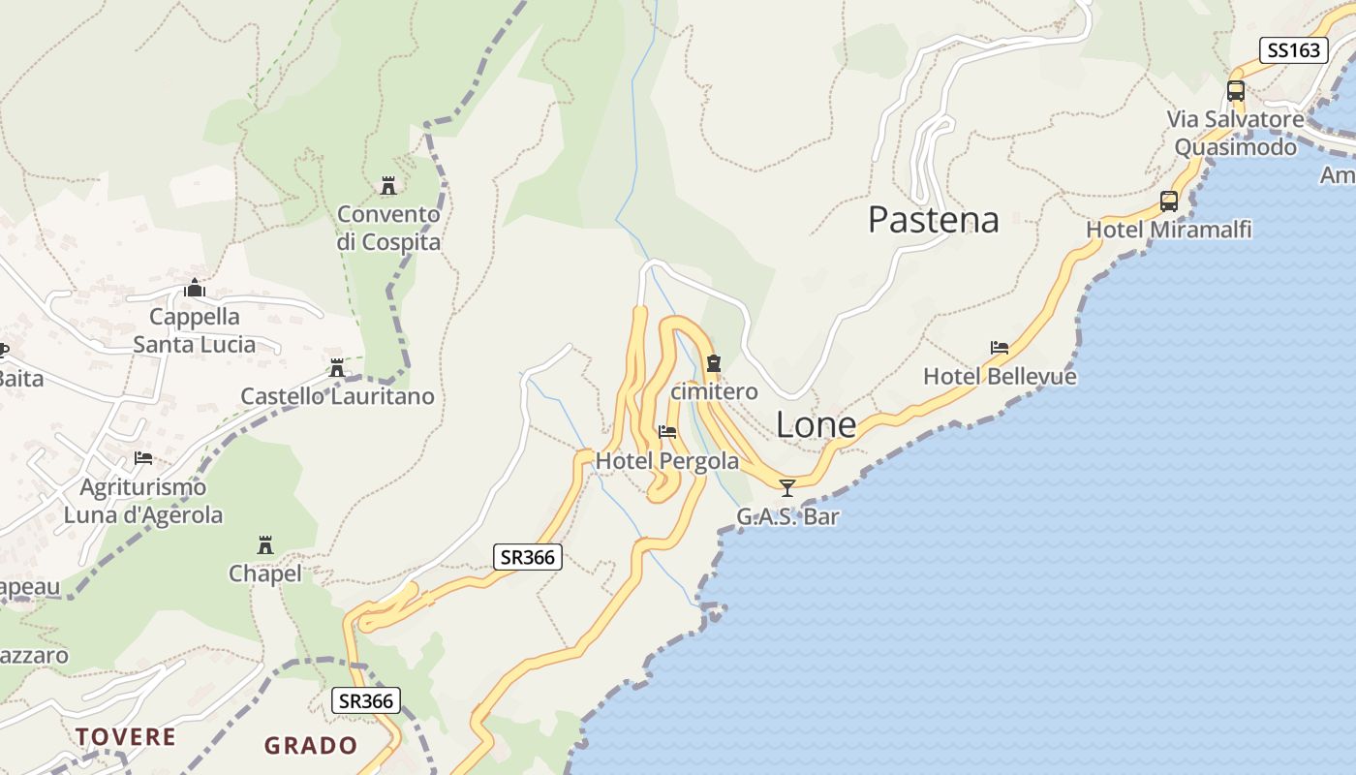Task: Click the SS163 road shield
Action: (1294, 50)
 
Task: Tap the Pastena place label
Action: (933, 220)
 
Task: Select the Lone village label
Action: (816, 425)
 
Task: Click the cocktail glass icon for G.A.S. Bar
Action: (787, 487)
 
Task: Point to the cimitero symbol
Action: (714, 364)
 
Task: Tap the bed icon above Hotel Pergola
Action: (667, 432)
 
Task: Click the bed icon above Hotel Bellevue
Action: (1000, 348)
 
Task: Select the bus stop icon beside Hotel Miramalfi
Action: (1169, 201)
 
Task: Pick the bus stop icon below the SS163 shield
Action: (1236, 91)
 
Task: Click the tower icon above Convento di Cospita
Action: (388, 185)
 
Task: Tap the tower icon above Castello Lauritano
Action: (337, 368)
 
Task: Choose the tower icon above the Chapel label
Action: (265, 544)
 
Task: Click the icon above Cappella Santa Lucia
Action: (195, 288)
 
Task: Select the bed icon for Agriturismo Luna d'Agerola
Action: (143, 458)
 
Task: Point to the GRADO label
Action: (311, 746)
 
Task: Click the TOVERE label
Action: (126, 737)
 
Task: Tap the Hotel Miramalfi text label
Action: (1168, 230)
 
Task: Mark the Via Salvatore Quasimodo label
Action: (1235, 134)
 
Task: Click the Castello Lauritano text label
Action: (337, 396)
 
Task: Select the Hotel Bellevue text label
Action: (1000, 376)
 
